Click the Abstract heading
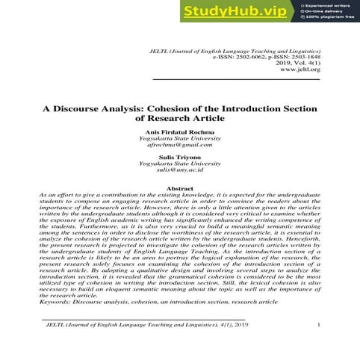tap(179, 189)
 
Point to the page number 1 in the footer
tap(319, 324)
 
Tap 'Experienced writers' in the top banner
tap(326, 4)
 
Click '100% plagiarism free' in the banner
tap(329, 18)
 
